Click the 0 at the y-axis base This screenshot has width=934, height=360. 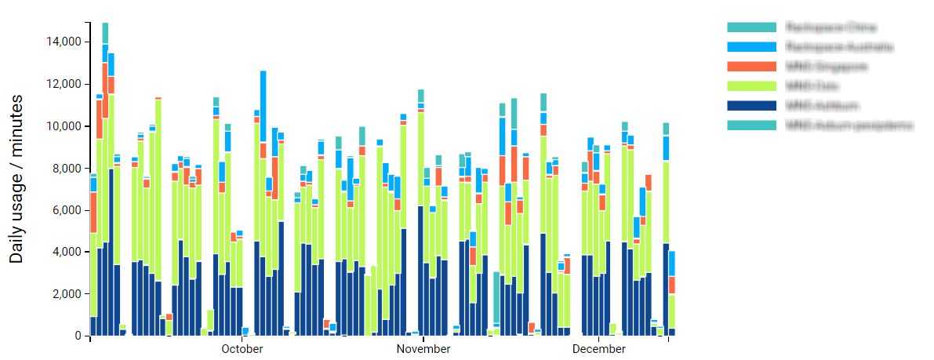click(x=78, y=336)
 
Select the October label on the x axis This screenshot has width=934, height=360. click(x=242, y=349)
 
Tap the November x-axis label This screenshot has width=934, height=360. click(x=423, y=349)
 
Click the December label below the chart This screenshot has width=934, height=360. click(x=599, y=349)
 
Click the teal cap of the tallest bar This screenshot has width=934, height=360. click(x=105, y=33)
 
